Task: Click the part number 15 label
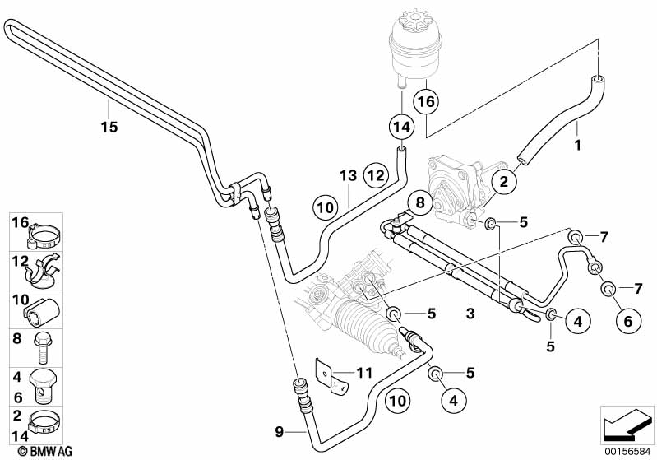tap(109, 127)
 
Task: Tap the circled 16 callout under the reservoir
tap(425, 101)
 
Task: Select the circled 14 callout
tap(400, 128)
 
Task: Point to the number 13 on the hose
tap(347, 175)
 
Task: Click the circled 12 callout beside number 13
tap(375, 175)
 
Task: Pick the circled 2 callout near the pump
tap(504, 179)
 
